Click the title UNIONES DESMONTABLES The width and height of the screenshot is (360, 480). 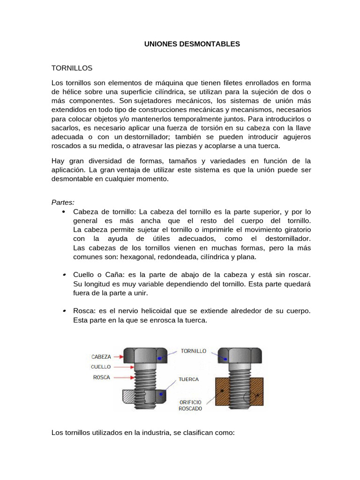[191, 44]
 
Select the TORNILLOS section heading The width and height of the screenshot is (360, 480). [72, 68]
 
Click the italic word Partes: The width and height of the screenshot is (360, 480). [63, 202]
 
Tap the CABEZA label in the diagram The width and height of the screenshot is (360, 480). [101, 356]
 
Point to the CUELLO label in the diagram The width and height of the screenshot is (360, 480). [101, 367]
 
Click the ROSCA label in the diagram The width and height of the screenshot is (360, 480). [101, 377]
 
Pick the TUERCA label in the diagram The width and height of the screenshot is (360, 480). [188, 379]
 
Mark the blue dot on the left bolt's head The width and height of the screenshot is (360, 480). [160, 358]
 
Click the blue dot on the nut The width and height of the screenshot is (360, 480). [161, 395]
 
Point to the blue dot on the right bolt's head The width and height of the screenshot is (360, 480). [225, 359]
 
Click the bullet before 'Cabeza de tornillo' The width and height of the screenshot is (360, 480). [63, 212]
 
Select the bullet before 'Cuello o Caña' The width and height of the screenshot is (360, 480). [63, 275]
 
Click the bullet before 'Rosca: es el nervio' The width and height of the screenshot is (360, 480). [63, 311]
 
